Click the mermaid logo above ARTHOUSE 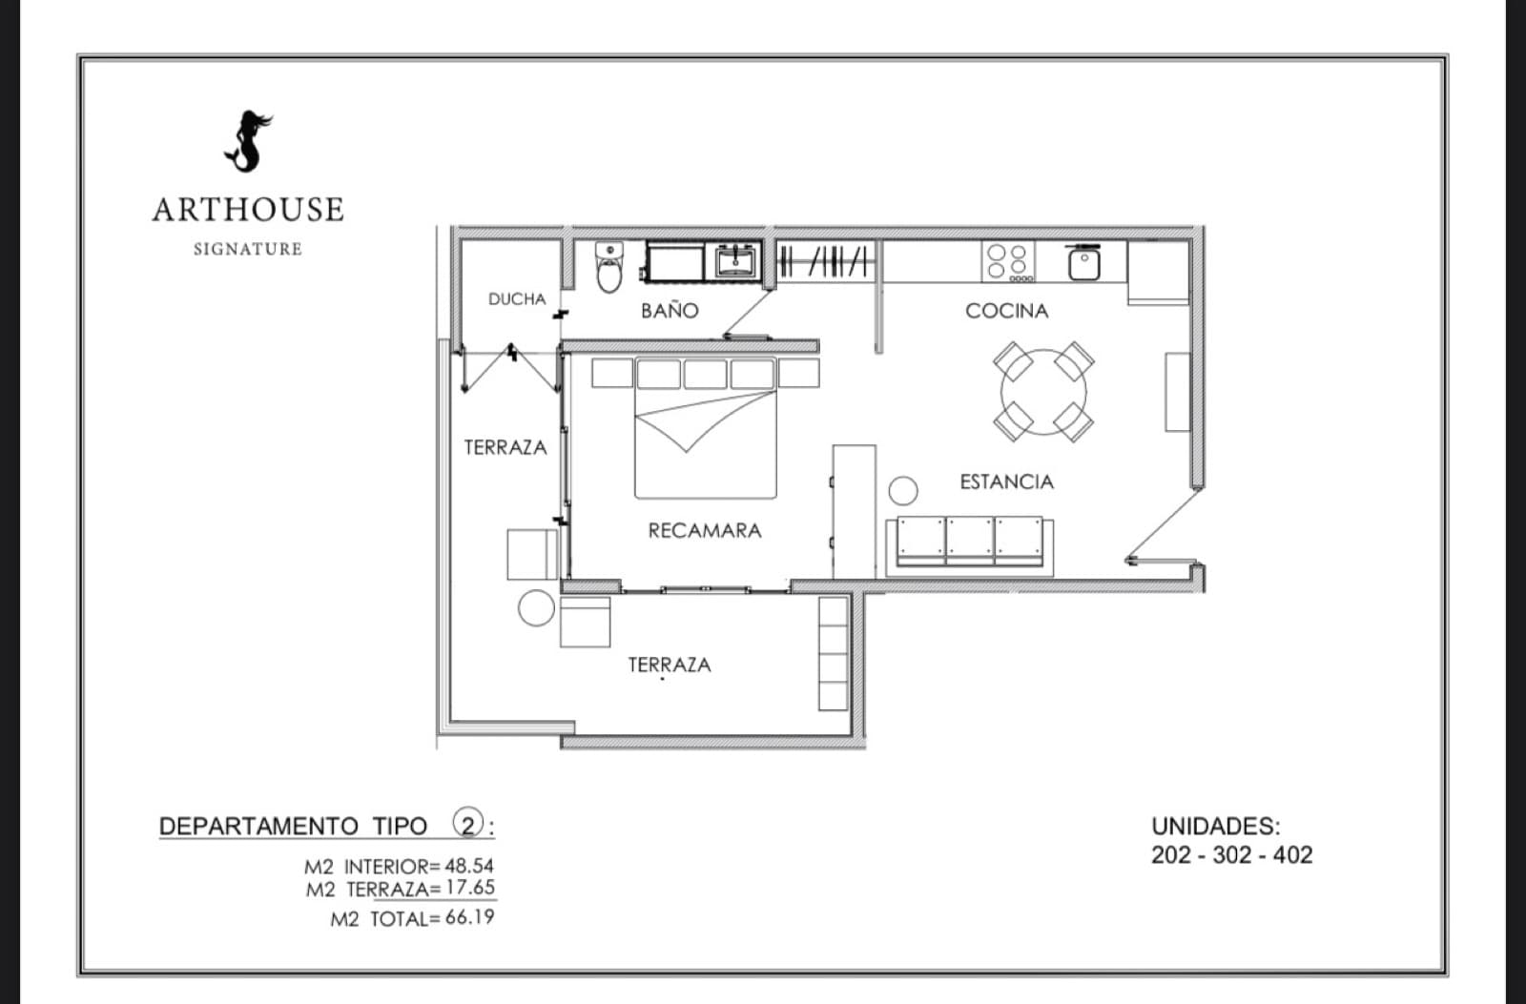(249, 142)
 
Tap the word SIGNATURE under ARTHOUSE (248, 249)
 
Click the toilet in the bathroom (609, 267)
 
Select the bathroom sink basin (735, 261)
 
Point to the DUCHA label (517, 299)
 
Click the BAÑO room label (670, 311)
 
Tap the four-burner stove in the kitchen (1008, 261)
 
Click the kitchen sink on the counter (1083, 264)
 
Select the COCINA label (1007, 311)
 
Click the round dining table (1043, 392)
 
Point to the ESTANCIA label (1007, 482)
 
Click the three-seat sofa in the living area (969, 547)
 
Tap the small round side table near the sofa (903, 490)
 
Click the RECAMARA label (705, 531)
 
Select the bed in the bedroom (706, 428)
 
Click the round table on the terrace (536, 607)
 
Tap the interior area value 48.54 (469, 866)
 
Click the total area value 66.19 (470, 917)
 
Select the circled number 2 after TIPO (468, 824)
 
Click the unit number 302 (1231, 855)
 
